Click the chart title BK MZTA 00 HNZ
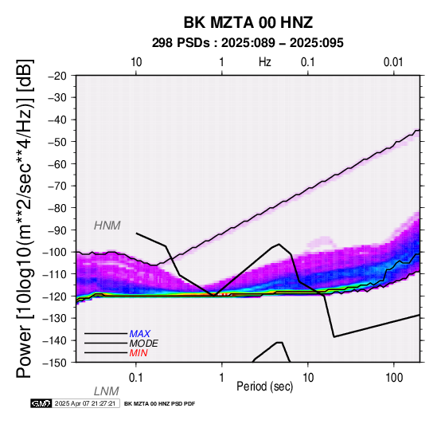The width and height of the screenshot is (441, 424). click(248, 22)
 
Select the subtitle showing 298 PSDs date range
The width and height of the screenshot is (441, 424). click(248, 43)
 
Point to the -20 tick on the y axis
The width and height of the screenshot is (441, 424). click(57, 76)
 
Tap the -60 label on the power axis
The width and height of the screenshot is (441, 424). click(57, 164)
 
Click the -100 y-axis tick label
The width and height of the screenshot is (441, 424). click(55, 252)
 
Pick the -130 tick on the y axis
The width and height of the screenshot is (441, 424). click(55, 319)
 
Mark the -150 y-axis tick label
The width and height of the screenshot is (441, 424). click(55, 363)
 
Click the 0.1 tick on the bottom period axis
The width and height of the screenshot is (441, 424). click(135, 378)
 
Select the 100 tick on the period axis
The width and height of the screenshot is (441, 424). click(394, 378)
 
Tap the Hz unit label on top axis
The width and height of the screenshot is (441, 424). click(264, 62)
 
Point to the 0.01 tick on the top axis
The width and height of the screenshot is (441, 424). click(393, 62)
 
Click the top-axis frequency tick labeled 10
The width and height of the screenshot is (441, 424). click(136, 62)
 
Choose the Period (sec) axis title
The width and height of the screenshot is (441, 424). click(264, 387)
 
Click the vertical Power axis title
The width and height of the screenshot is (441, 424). click(24, 218)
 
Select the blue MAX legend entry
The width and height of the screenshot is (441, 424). click(140, 334)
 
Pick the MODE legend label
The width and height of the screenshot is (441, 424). click(144, 344)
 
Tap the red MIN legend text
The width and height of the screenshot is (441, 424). click(139, 353)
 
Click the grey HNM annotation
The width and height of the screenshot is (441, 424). click(107, 226)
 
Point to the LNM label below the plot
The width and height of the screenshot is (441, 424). click(107, 391)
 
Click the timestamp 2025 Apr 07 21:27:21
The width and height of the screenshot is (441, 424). click(85, 403)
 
